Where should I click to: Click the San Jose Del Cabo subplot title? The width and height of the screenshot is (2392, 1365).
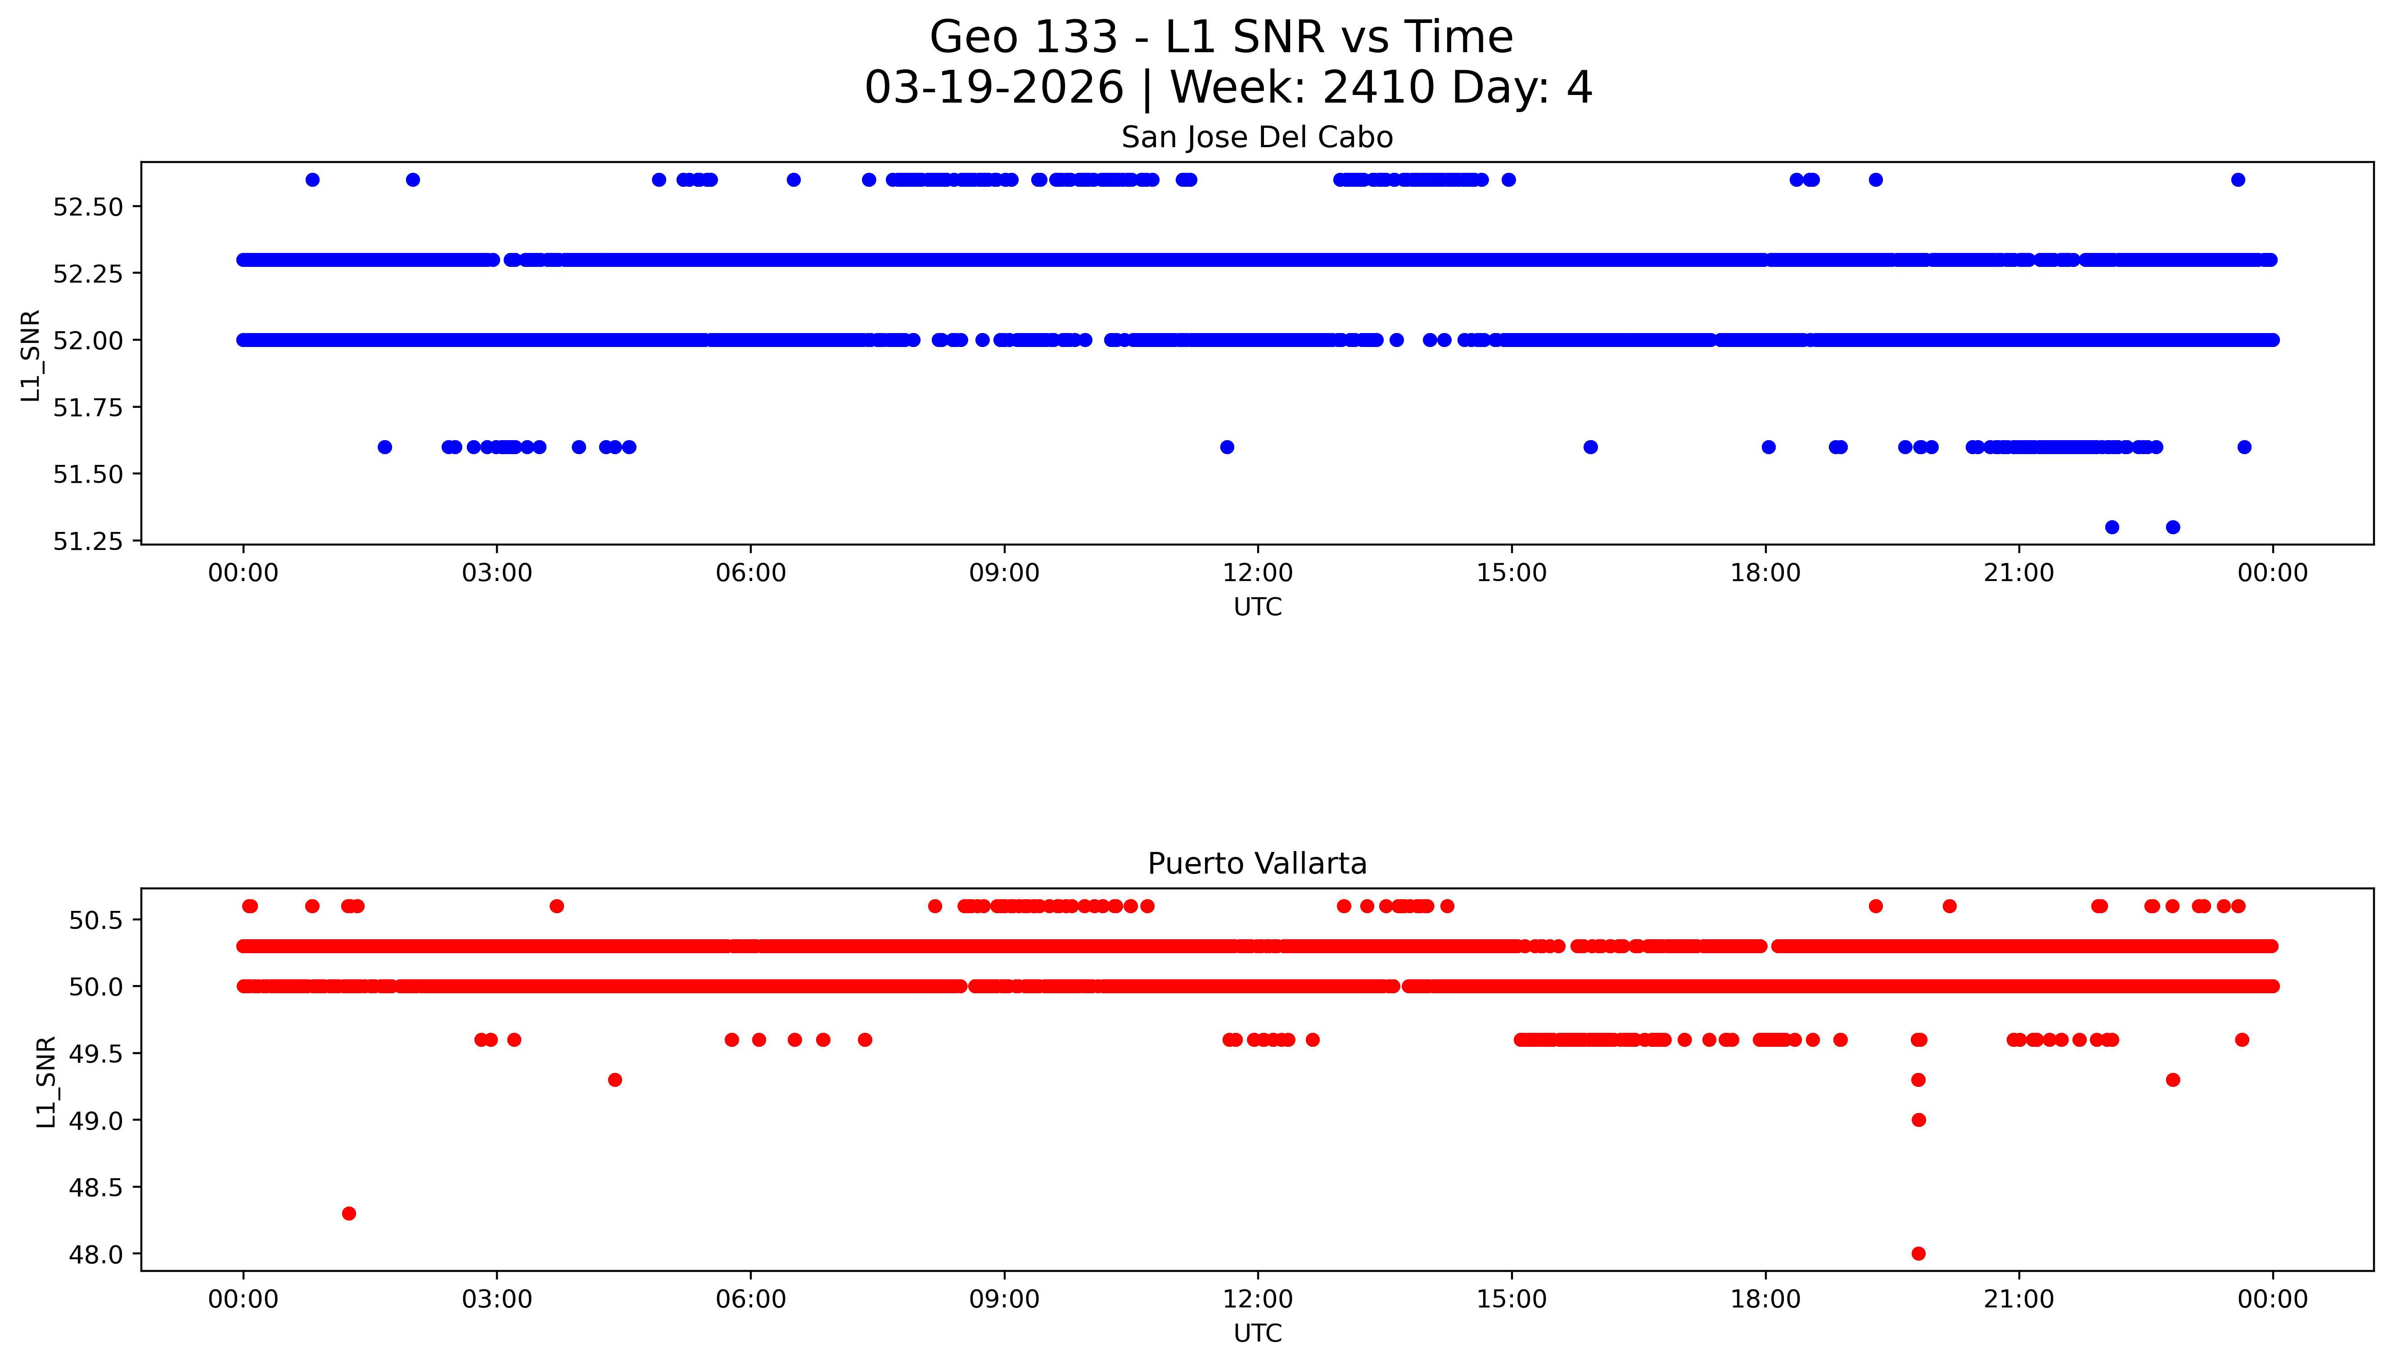pos(1256,138)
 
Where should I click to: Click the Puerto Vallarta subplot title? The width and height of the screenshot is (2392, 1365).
pos(1256,864)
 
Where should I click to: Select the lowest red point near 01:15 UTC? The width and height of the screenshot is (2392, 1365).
pos(349,1213)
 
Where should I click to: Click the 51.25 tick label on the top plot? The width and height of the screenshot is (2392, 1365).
pos(88,542)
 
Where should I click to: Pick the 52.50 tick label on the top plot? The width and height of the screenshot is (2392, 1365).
pos(88,207)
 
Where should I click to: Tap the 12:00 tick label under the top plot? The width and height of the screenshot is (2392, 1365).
pos(1257,573)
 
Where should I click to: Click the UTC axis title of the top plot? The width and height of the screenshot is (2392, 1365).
pos(1257,608)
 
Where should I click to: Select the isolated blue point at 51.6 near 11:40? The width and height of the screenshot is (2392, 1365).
pos(1227,447)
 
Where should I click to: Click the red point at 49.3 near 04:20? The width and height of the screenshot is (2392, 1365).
pos(615,1080)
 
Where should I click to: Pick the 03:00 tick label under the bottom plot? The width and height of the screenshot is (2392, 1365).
pos(497,1299)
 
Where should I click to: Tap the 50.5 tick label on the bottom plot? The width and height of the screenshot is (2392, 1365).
pos(95,920)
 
